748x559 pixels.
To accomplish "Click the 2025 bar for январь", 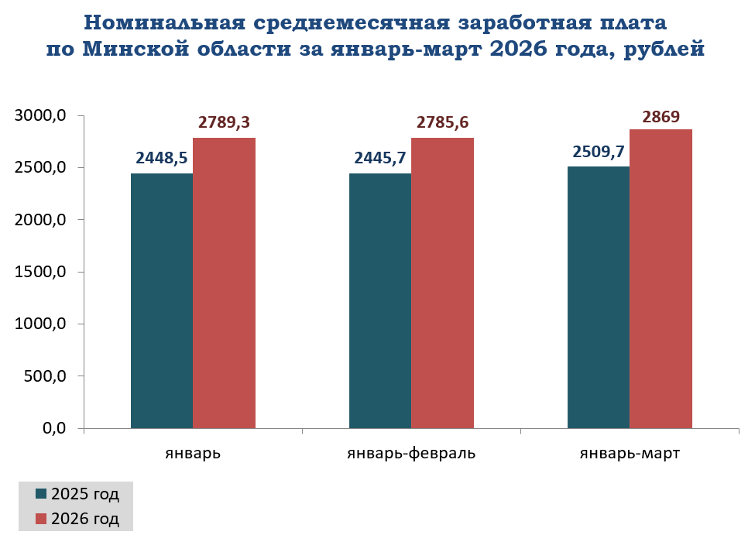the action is pos(162,300).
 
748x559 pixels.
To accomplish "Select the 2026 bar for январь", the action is pos(225,283).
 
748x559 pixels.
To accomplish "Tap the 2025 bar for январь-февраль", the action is pos(380,300).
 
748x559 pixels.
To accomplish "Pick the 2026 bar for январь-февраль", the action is pos(443,283).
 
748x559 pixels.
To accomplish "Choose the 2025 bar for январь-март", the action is pos(599,297).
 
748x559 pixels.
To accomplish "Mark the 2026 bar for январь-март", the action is pos(661,279).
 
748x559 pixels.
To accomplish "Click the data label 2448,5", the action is pos(162,157).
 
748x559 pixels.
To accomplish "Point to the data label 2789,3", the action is pos(225,122).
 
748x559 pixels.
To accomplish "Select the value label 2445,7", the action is pos(380,157).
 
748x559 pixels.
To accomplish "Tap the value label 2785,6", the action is pos(443,122).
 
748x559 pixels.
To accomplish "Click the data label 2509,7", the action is pos(599,151).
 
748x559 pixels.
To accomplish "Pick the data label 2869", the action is pos(661,116).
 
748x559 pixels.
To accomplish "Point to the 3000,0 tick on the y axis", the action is pos(40,115).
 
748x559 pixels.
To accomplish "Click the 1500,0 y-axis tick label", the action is pos(40,272).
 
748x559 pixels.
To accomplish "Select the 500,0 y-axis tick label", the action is pos(45,376).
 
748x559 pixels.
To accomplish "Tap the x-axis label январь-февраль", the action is pos(411,453).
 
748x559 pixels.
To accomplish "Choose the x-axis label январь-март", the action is pos(630,453).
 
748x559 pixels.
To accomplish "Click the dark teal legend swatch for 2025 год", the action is pos(41,494).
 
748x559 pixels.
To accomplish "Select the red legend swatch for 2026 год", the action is pos(41,519).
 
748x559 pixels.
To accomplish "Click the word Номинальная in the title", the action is pos(164,22).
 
